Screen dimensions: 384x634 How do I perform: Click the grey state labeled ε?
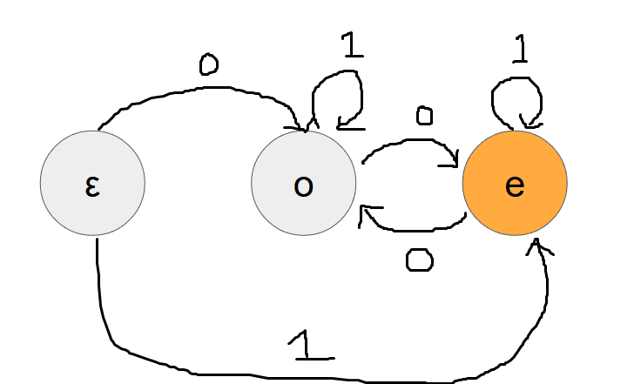click(x=92, y=184)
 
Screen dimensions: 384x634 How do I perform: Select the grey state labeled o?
click(x=303, y=184)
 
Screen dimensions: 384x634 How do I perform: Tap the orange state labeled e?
click(x=514, y=184)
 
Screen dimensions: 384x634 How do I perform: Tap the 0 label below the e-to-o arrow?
click(x=420, y=259)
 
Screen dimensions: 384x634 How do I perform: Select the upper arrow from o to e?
click(x=409, y=141)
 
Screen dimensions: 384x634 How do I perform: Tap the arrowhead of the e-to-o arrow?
click(x=367, y=212)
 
